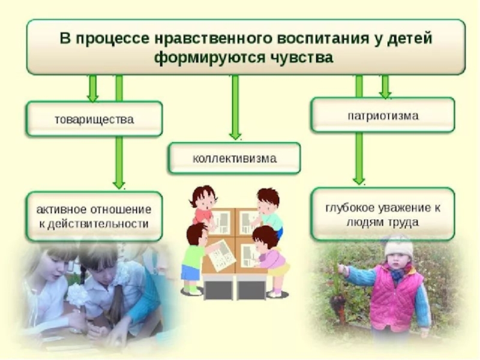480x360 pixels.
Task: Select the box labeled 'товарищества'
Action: [x=94, y=119]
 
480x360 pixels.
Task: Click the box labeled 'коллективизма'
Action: [x=235, y=159]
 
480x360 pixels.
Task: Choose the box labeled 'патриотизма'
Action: [x=383, y=115]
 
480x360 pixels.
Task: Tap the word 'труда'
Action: [x=406, y=221]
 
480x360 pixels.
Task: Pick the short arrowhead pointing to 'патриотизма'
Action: [x=385, y=93]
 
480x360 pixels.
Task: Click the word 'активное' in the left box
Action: [x=60, y=211]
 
